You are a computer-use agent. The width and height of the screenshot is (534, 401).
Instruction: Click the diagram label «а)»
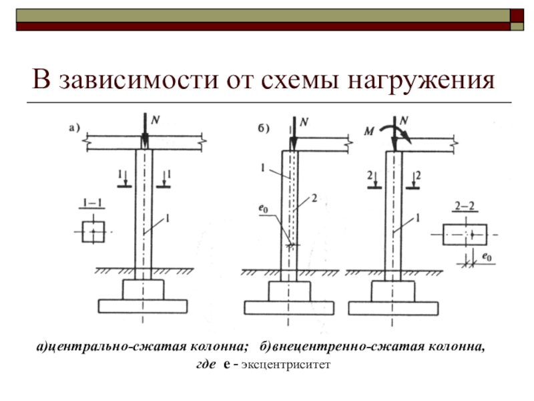(x=73, y=126)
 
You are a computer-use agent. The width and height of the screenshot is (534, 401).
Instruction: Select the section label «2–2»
(x=465, y=209)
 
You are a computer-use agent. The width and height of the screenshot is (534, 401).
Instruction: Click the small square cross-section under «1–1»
(x=93, y=231)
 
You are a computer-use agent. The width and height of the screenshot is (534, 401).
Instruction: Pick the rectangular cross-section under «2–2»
(x=465, y=235)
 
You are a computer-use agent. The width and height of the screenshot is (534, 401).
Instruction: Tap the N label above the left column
(x=156, y=120)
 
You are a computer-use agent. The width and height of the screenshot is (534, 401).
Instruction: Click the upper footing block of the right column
(x=392, y=291)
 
